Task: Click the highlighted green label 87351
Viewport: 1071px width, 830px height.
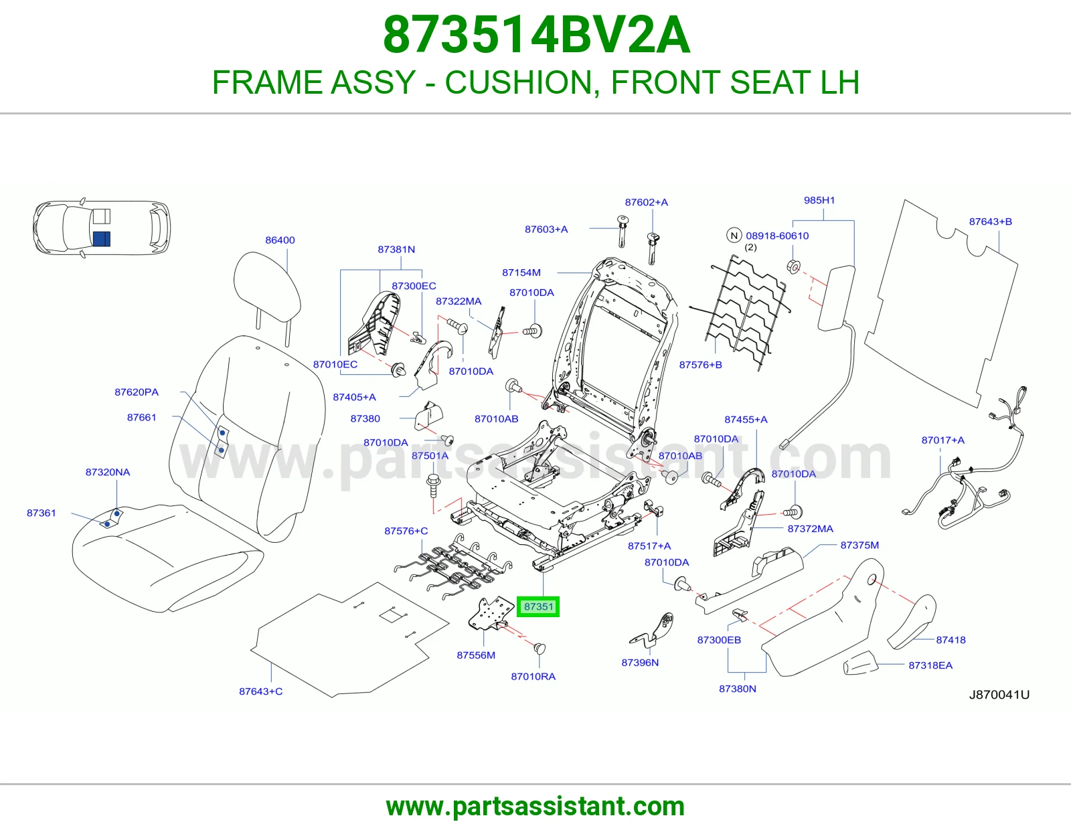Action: [x=538, y=606]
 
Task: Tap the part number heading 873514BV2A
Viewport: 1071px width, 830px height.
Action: [x=536, y=35]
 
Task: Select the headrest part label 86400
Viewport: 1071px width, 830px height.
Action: [x=280, y=240]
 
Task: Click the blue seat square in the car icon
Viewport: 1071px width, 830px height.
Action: [x=102, y=238]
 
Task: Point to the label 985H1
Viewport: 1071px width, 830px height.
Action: [x=819, y=200]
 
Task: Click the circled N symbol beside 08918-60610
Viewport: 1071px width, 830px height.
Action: [x=734, y=236]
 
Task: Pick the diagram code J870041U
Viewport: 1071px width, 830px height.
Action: [x=999, y=695]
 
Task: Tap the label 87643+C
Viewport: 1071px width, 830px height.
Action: [x=261, y=691]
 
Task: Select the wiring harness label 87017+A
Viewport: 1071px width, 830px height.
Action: [x=943, y=440]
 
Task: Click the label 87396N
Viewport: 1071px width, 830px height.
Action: [x=640, y=663]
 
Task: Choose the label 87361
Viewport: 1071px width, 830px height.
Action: [x=42, y=513]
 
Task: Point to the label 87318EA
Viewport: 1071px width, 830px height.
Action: [x=930, y=665]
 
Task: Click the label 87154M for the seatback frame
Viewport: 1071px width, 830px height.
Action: [x=521, y=272]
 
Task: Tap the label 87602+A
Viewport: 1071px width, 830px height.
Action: [x=646, y=202]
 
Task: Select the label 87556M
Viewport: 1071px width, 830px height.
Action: [x=476, y=655]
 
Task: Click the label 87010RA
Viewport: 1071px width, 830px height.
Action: [x=533, y=676]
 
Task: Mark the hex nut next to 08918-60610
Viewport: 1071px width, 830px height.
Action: [x=793, y=266]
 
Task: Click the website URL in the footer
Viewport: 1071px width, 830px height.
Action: [x=535, y=807]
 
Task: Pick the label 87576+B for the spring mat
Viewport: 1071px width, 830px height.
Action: [x=700, y=365]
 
